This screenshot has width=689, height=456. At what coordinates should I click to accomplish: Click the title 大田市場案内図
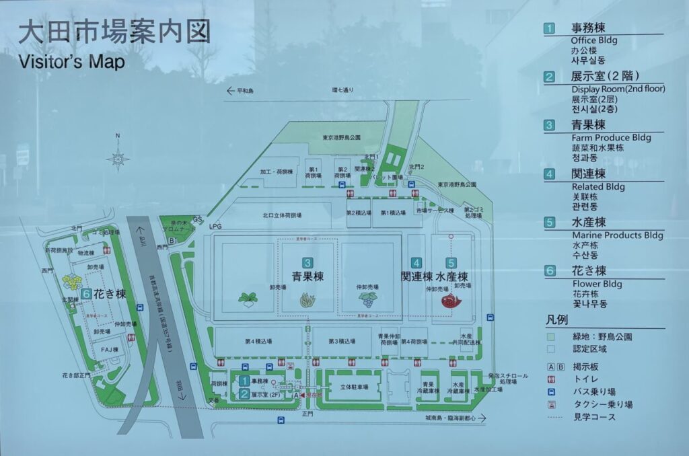114,32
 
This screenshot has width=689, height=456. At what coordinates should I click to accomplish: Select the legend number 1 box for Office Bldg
550,28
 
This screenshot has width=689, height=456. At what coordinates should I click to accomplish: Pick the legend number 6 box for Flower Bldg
550,271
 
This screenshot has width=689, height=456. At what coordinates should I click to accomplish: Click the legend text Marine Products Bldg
617,235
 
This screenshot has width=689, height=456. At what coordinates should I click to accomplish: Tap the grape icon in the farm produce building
367,299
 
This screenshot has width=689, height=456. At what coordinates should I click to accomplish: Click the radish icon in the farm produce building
248,299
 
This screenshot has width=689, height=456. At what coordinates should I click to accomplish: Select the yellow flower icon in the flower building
72,281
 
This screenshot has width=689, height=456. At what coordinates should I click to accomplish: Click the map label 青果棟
307,276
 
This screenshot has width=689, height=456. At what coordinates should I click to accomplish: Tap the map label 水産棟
451,276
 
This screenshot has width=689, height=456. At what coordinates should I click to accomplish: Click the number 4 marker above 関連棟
417,263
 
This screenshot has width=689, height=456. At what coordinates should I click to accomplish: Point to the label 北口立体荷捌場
282,216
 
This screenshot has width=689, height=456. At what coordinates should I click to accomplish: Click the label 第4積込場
258,342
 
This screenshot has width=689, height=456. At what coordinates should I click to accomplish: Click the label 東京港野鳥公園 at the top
342,137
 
